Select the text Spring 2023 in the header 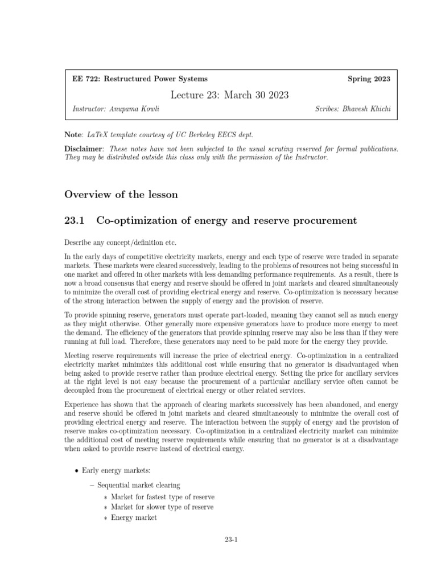369,79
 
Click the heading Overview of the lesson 121,194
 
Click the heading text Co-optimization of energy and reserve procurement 226,220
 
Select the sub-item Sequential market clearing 138,485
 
